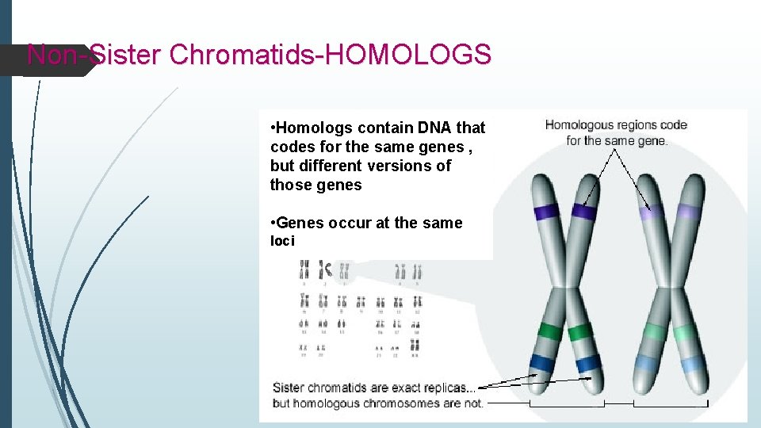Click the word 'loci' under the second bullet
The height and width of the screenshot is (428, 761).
(282, 241)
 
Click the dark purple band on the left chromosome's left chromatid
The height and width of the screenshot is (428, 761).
(547, 212)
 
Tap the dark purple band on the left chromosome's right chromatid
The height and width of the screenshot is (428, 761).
(584, 212)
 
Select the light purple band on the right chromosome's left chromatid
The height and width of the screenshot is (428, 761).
(652, 212)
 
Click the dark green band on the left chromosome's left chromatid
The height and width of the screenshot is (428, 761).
(549, 331)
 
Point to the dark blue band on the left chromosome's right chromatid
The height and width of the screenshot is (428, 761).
(588, 365)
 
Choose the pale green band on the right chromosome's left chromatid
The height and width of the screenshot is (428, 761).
(655, 331)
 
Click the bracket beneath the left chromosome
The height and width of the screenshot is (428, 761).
(567, 405)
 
